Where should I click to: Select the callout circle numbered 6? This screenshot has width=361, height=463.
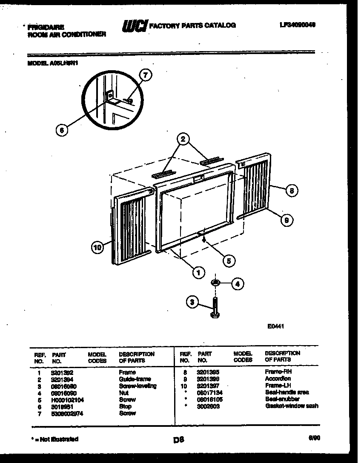pos(62,131)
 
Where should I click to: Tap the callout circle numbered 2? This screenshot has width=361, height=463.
pos(183,139)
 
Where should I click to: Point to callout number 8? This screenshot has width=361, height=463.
pos(291,191)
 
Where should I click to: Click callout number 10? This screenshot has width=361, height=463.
pos(98,248)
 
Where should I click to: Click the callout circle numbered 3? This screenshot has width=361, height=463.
pos(193,302)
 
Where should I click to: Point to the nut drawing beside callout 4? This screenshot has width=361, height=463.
pos(216,283)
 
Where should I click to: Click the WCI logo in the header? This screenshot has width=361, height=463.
pos(135,26)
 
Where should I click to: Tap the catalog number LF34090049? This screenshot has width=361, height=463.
pos(298,25)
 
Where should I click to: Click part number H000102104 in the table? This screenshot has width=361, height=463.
pos(68,400)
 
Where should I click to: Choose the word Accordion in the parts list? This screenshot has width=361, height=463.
pos(278,378)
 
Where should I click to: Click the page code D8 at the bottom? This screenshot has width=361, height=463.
pos(179,440)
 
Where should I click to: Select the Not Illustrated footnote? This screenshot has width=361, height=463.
pos(55,439)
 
